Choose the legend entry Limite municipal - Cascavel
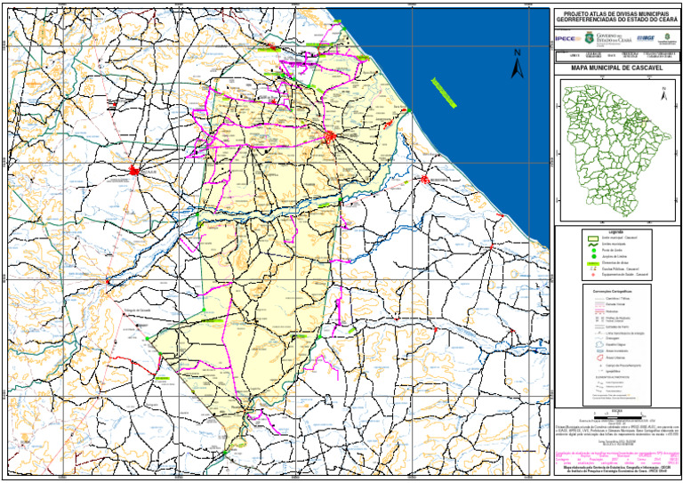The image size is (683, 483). click(614, 238)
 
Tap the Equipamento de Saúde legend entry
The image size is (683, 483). click(614, 276)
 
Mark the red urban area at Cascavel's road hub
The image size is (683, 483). click(330, 136)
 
